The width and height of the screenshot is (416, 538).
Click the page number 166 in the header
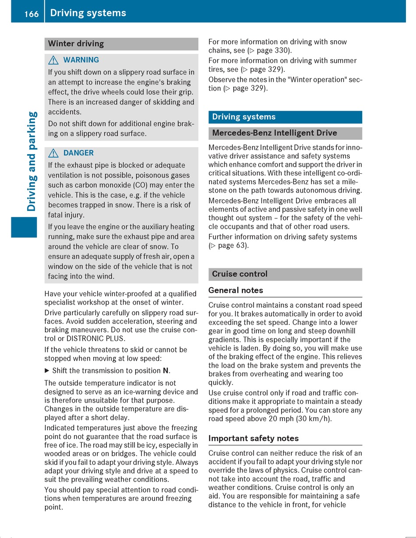[32, 14]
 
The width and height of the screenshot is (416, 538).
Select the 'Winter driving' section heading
[76, 44]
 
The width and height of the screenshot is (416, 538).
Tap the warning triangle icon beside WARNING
[53, 60]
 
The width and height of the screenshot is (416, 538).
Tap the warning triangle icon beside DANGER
[53, 153]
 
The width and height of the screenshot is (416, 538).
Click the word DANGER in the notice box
[78, 153]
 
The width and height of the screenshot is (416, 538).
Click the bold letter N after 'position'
[166, 371]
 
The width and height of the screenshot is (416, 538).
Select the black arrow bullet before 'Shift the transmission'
[47, 371]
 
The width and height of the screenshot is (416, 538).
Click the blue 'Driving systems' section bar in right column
[285, 117]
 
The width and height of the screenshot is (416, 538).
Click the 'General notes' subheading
[236, 290]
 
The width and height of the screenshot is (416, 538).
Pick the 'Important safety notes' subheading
[253, 438]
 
